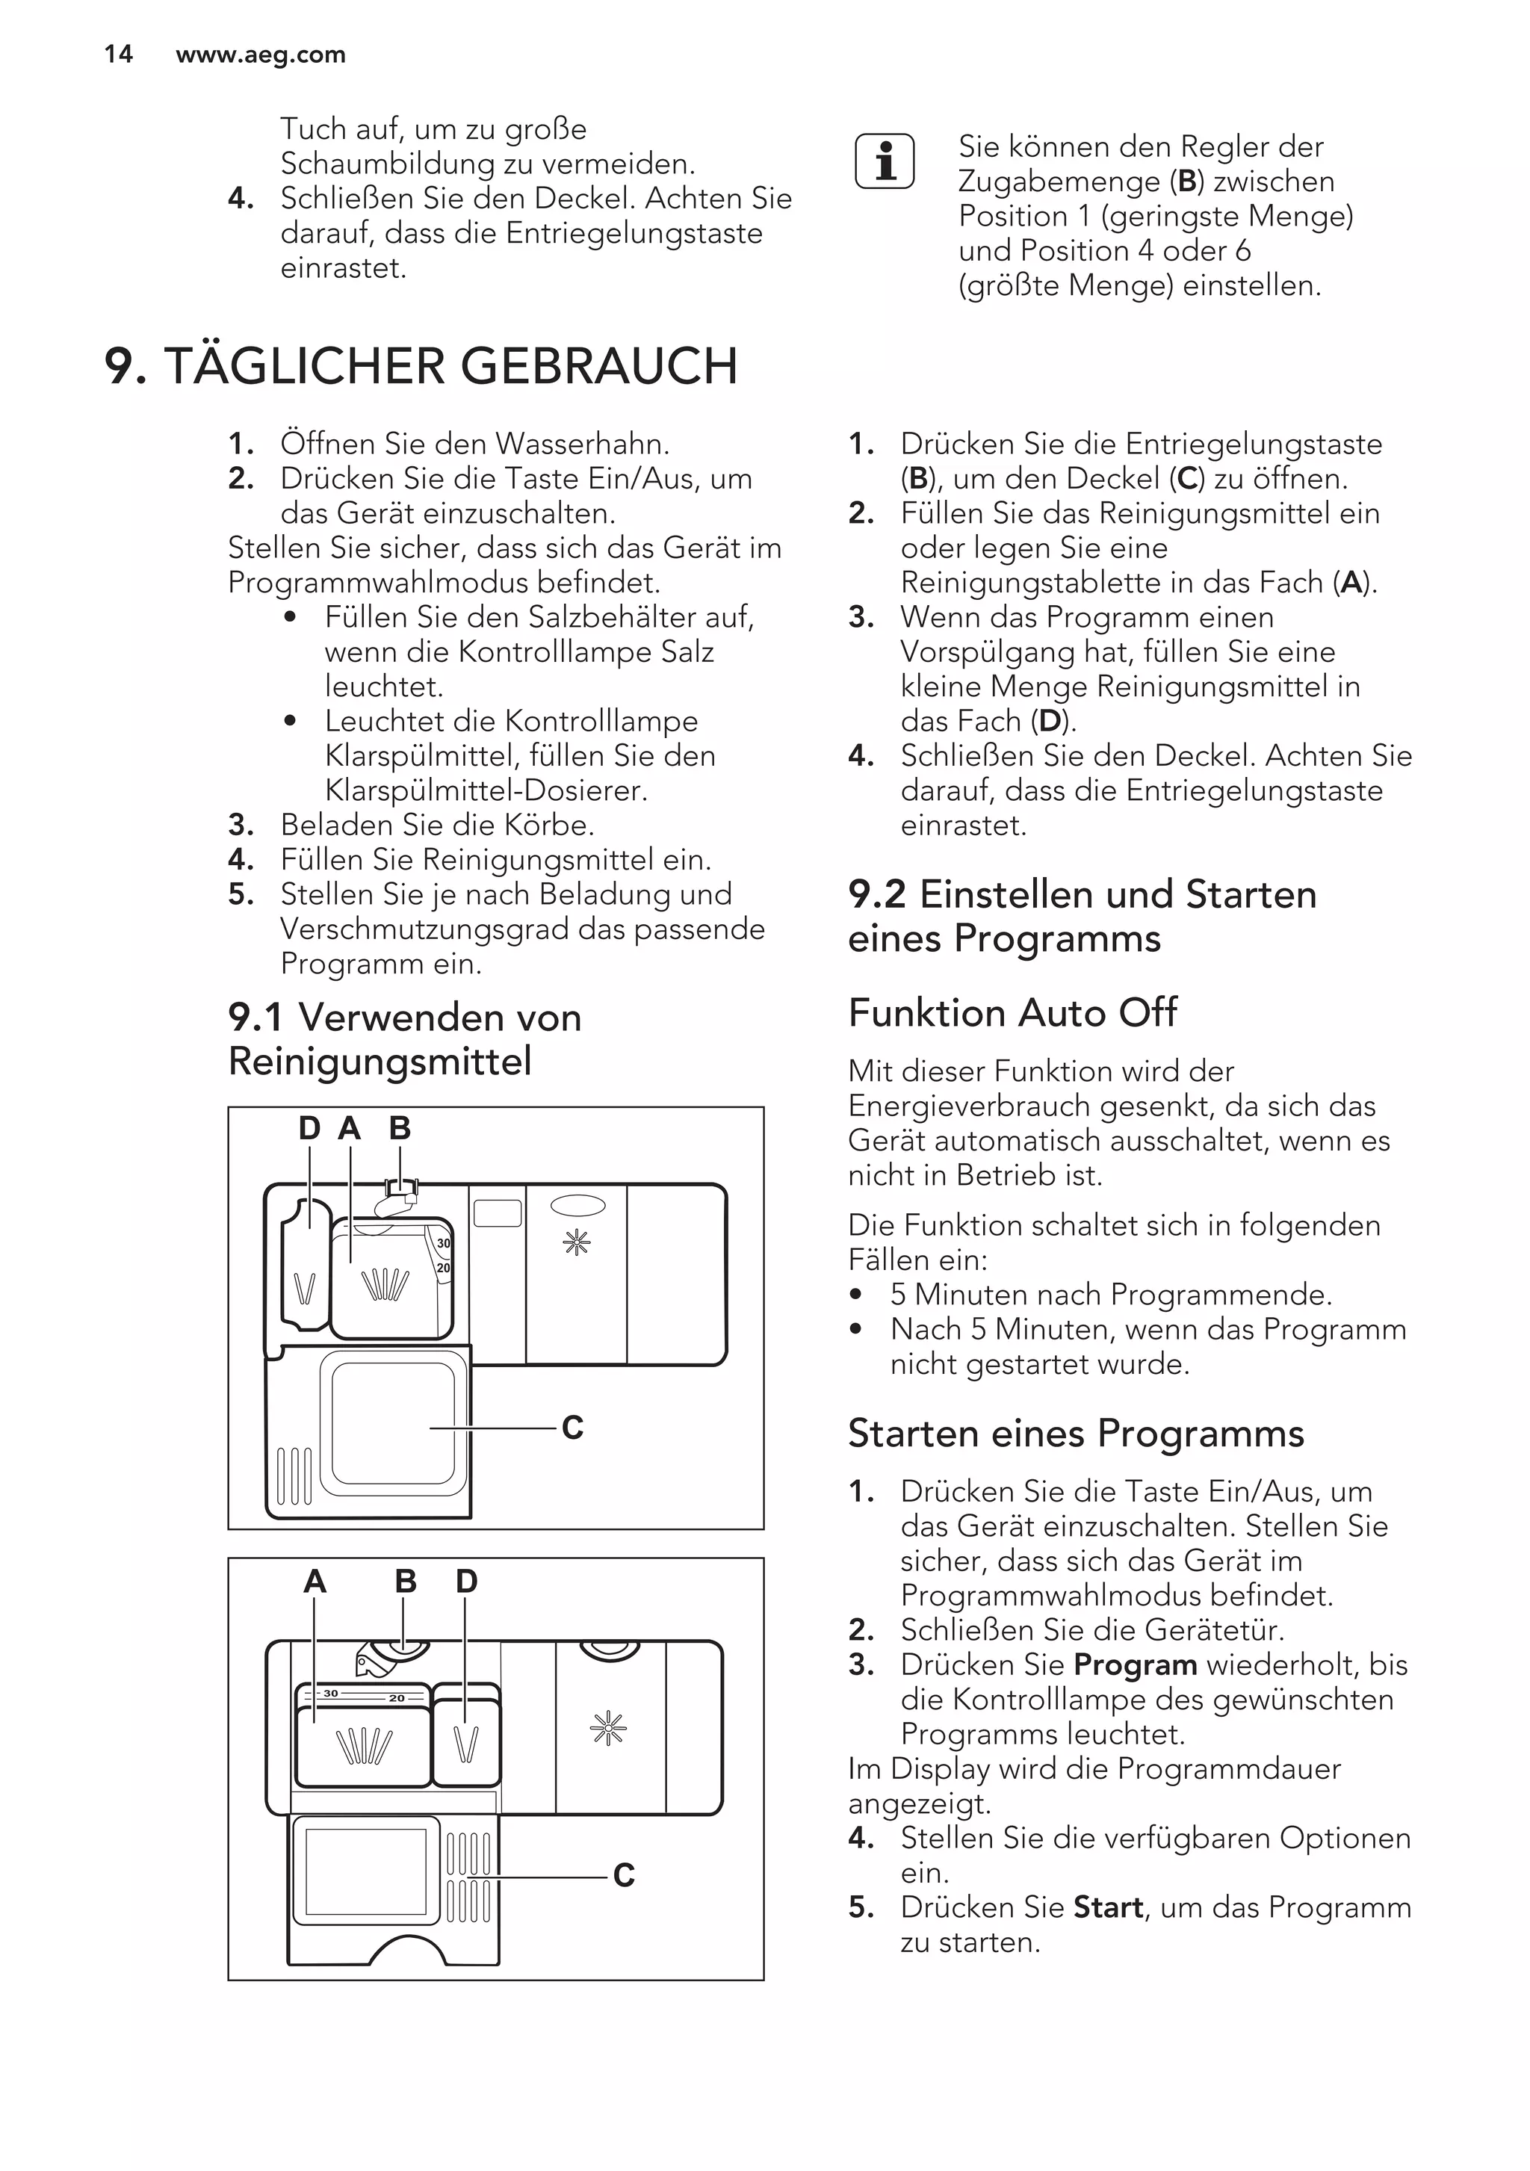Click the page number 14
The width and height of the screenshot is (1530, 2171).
click(x=118, y=54)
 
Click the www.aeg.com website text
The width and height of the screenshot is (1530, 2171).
click(x=261, y=55)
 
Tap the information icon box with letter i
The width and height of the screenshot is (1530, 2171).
click(x=884, y=161)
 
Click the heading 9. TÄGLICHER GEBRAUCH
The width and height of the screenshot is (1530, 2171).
click(x=421, y=366)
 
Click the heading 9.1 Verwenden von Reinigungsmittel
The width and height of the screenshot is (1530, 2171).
click(x=405, y=1039)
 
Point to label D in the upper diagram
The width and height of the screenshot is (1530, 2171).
click(x=309, y=1128)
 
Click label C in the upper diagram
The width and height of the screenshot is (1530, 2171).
click(x=572, y=1427)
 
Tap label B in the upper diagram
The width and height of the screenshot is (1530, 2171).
click(x=400, y=1128)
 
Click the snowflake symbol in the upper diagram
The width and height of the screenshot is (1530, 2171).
click(x=576, y=1242)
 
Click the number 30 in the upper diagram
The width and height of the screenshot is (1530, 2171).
click(x=444, y=1243)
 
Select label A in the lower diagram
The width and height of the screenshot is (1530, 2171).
click(x=315, y=1581)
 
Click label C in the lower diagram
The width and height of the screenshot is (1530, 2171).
click(x=623, y=1875)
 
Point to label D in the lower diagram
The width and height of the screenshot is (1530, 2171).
click(x=466, y=1581)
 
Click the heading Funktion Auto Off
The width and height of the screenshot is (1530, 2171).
click(x=1013, y=1013)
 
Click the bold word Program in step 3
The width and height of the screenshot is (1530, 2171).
click(x=1135, y=1664)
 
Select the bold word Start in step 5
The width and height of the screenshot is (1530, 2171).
click(x=1108, y=1907)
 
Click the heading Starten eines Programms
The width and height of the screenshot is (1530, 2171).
click(x=1076, y=1434)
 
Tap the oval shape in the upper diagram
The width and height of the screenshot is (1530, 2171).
click(x=577, y=1204)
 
